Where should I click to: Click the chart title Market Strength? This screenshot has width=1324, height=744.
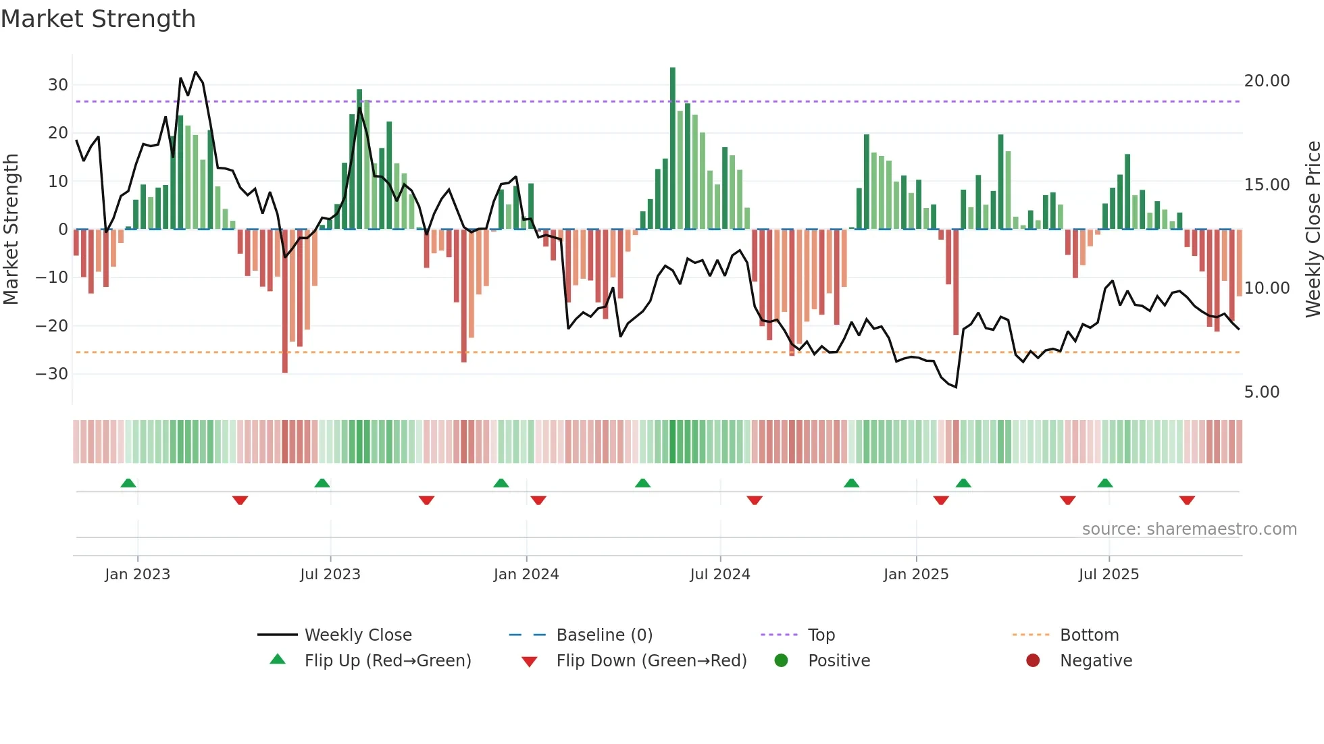click(x=98, y=19)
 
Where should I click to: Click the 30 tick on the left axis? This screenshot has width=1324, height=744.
click(x=57, y=85)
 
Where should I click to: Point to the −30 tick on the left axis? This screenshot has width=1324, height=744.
click(x=52, y=373)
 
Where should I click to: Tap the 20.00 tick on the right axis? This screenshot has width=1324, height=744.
click(x=1267, y=81)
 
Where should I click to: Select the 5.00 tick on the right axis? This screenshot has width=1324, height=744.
click(x=1261, y=392)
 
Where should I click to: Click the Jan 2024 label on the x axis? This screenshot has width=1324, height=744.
click(x=526, y=575)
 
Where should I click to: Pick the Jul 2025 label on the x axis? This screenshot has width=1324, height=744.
click(x=1108, y=575)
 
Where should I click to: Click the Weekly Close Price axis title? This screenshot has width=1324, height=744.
click(x=1313, y=229)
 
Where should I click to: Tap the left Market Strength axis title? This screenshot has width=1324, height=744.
click(x=11, y=229)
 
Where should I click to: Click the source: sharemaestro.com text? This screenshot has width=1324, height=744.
click(x=1189, y=529)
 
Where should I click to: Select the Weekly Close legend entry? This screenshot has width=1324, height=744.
click(x=357, y=635)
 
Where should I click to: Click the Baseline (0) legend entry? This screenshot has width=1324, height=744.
click(x=604, y=635)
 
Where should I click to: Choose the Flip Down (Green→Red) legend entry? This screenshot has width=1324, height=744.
click(x=651, y=661)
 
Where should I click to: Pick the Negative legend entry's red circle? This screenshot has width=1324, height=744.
click(x=1032, y=661)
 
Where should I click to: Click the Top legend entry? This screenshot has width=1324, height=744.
click(x=821, y=635)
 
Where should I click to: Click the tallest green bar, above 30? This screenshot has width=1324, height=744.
click(x=672, y=149)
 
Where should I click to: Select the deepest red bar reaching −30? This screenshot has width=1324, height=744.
click(x=285, y=300)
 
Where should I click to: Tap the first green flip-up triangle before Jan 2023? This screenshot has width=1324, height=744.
click(x=128, y=483)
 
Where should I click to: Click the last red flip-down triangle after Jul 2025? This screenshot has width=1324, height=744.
click(x=1187, y=500)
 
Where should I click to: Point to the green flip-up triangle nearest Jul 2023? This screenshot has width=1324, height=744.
click(x=322, y=483)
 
